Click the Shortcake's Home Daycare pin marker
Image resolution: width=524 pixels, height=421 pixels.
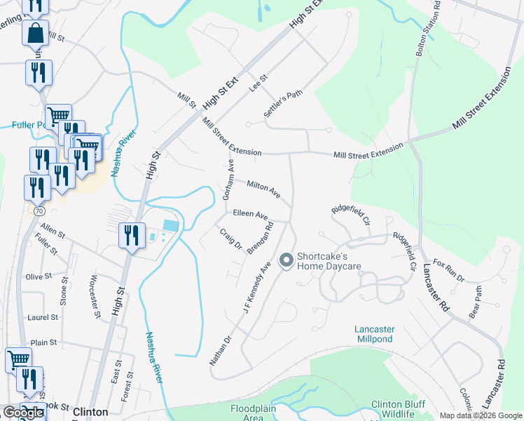click(286, 261)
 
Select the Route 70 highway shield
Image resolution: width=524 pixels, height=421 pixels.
click(39, 210)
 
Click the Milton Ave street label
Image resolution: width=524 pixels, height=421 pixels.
click(263, 189)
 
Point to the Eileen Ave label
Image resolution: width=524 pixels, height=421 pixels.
click(250, 213)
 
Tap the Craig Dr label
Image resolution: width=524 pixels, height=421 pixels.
click(230, 239)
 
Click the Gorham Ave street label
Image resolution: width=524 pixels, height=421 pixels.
click(228, 180)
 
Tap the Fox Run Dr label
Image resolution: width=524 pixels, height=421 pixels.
click(449, 270)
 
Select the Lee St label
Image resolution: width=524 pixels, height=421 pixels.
click(259, 84)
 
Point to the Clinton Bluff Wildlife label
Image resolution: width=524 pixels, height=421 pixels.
click(398, 410)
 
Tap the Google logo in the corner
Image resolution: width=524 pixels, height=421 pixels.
click(23, 413)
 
